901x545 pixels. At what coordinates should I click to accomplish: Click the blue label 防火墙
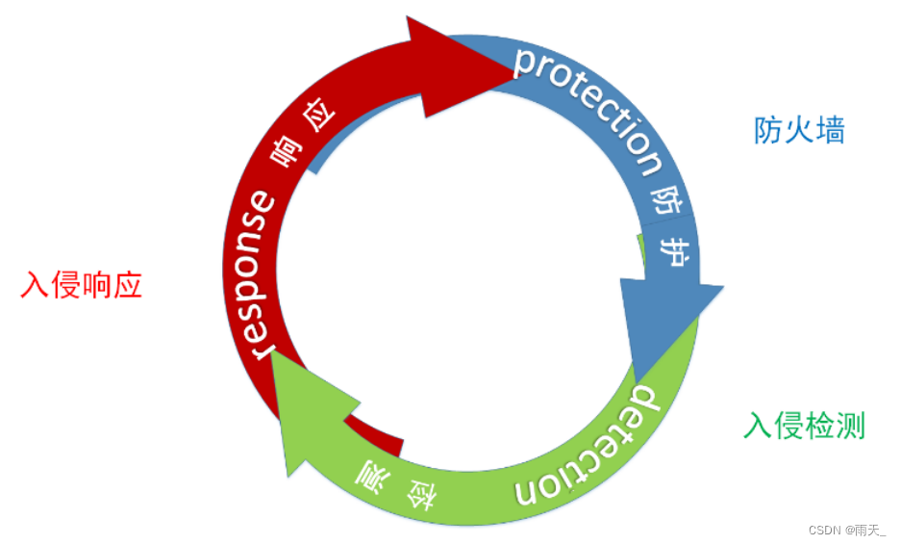click(799, 130)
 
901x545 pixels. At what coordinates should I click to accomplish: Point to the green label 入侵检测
click(805, 425)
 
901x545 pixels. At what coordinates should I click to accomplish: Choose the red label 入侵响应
click(82, 285)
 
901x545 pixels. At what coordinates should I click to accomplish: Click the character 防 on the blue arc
click(667, 200)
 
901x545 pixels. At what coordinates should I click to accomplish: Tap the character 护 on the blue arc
click(676, 251)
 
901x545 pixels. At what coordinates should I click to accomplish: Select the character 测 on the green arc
click(370, 471)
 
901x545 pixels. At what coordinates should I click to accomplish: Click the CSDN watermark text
click(846, 530)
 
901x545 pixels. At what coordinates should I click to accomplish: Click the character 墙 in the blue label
click(830, 130)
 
